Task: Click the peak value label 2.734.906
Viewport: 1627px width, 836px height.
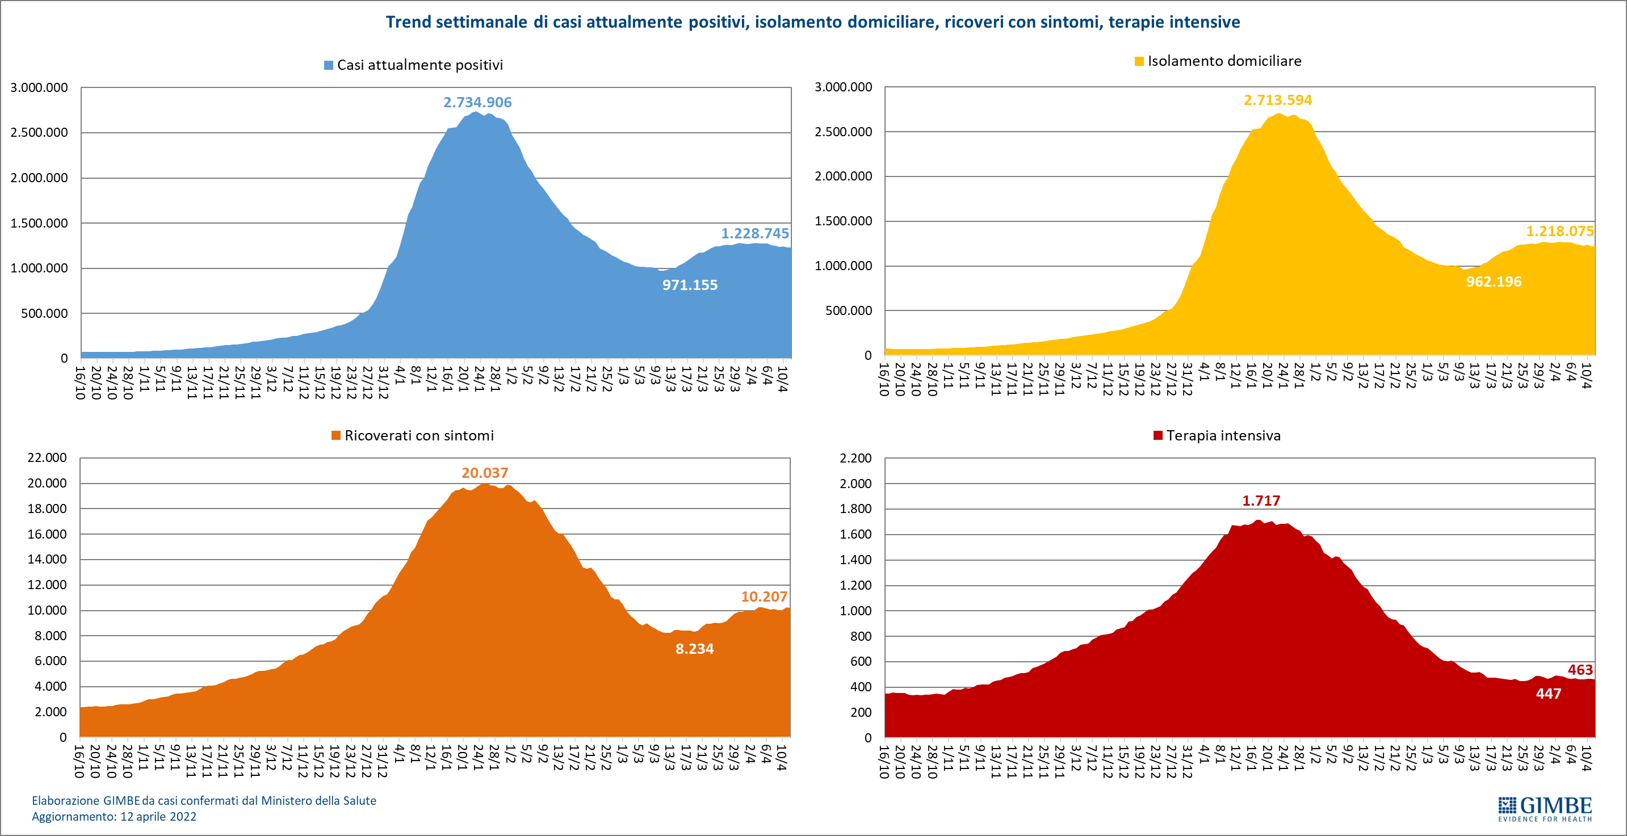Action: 477,102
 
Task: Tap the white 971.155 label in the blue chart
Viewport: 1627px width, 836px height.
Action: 690,285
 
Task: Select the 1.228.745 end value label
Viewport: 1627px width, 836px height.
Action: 755,234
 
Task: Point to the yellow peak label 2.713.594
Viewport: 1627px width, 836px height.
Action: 1278,100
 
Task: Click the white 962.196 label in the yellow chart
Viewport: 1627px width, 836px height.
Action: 1494,282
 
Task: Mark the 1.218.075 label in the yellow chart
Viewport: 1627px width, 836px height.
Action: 1559,231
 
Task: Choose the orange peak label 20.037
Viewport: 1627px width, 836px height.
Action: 484,473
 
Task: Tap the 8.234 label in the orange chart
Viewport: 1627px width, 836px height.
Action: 694,649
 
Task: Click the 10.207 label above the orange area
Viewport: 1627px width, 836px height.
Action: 764,596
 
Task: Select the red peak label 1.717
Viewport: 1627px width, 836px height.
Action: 1261,501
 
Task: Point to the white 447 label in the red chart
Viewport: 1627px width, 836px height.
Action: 1548,694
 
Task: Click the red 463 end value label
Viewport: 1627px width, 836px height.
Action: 1580,670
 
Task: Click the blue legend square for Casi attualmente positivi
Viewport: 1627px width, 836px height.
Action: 329,66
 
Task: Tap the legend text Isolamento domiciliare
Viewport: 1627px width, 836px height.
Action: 1224,61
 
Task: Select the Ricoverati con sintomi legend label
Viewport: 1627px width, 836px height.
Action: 419,436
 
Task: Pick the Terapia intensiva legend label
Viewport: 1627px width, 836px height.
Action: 1223,436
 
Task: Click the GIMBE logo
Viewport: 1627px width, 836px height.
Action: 1545,809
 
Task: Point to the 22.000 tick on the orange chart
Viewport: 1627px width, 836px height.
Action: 47,458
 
